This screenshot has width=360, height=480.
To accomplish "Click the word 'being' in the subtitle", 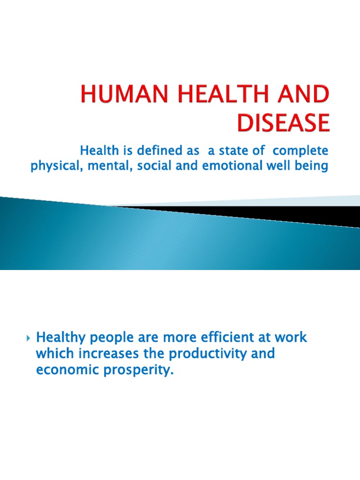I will coord(311,166).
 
